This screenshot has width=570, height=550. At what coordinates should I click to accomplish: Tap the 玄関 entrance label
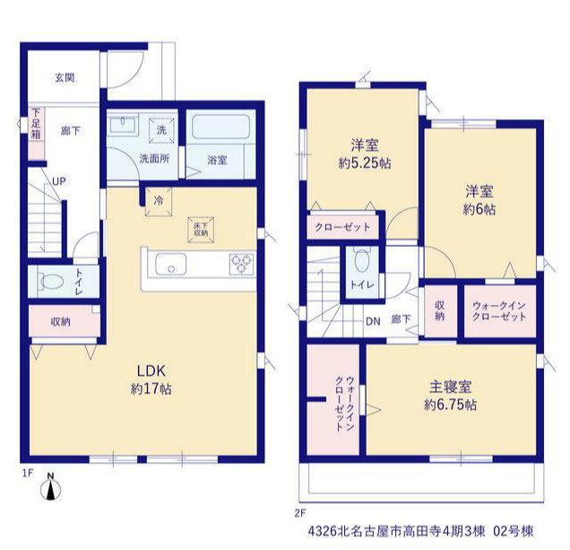(x=65, y=77)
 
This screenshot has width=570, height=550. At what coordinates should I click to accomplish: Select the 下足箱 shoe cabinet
(x=37, y=133)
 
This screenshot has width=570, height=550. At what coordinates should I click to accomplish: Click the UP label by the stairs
(x=59, y=181)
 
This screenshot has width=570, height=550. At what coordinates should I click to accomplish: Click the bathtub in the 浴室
(x=221, y=127)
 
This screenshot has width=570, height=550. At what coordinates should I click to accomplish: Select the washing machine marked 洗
(x=161, y=130)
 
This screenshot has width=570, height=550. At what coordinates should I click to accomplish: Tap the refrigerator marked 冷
(x=159, y=202)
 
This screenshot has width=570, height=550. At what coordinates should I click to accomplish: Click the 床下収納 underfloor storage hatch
(x=201, y=230)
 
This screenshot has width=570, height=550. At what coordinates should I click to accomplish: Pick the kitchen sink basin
(x=171, y=265)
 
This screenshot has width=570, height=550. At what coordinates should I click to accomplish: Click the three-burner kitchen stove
(x=241, y=264)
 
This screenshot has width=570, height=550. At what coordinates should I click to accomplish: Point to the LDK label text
(x=151, y=371)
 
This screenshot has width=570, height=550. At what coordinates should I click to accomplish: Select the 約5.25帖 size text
(x=365, y=163)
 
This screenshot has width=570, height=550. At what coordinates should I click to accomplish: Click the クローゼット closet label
(x=342, y=228)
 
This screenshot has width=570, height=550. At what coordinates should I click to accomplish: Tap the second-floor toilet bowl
(x=362, y=260)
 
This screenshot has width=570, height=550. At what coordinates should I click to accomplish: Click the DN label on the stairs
(x=373, y=321)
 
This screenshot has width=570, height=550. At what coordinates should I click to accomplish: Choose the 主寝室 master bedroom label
(x=451, y=387)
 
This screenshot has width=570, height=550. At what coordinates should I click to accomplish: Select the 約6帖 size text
(x=479, y=210)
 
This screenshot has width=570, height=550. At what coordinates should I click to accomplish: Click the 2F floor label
(x=300, y=513)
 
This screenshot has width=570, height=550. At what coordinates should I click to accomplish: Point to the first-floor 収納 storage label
(x=60, y=322)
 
